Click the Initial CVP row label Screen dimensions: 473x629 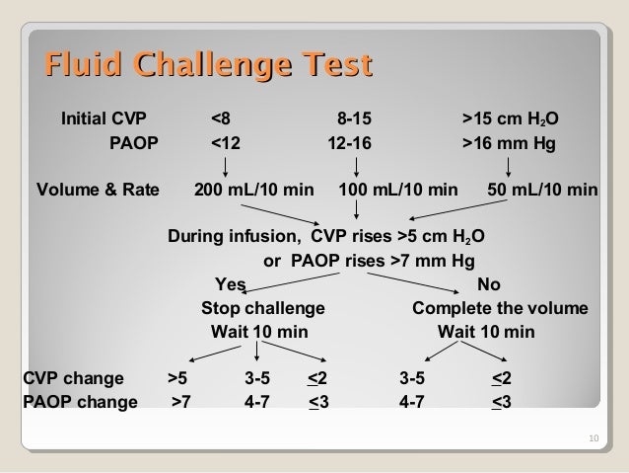103,120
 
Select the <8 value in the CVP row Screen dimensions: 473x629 223,120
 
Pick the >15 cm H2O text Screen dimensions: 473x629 512,121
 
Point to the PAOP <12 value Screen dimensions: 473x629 226,143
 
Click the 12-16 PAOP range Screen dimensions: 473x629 350,143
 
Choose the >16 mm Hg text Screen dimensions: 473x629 509,143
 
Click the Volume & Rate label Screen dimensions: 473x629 97,190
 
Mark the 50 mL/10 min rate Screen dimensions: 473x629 542,190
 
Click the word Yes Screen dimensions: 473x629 231,286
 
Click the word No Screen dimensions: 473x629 488,286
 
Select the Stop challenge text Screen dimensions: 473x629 262,309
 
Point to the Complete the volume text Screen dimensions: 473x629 500,309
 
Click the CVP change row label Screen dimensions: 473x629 73,378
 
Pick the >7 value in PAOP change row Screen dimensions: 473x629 182,401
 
